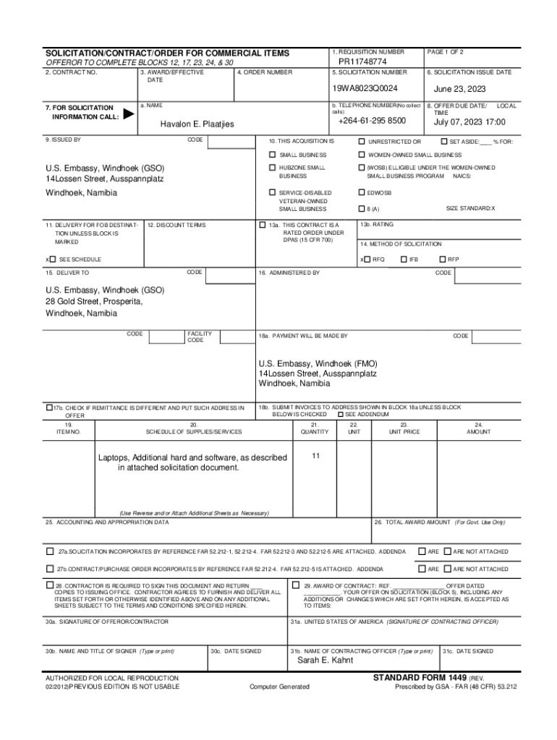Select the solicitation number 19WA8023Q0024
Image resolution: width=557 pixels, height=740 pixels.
365,88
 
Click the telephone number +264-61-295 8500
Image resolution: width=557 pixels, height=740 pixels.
372,121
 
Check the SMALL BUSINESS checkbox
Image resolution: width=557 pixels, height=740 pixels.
272,155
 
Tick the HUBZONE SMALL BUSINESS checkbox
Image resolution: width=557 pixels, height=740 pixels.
272,168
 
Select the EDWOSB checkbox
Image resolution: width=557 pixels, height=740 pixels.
362,193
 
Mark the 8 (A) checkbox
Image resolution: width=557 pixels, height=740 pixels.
362,209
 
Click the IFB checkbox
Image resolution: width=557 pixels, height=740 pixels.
404,259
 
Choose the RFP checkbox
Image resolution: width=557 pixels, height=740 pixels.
443,259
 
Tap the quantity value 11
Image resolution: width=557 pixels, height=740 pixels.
315,456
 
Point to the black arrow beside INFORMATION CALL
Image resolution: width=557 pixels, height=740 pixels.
128,113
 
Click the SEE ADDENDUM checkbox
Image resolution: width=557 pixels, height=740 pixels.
341,414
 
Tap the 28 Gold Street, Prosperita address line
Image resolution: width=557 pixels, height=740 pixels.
94,301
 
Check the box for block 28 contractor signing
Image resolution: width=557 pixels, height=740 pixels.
50,585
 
